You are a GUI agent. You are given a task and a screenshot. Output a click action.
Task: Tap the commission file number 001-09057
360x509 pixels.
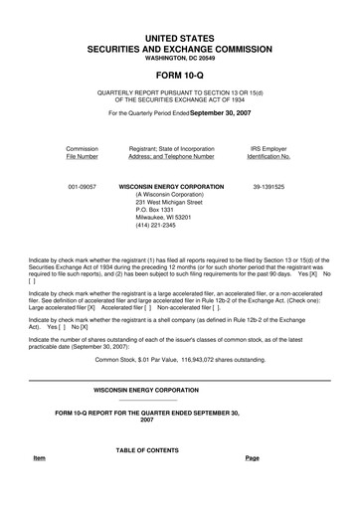pos(82,186)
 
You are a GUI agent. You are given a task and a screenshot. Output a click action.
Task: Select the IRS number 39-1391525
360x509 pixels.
pos(269,186)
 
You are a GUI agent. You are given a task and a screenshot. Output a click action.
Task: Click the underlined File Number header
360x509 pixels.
pos(82,156)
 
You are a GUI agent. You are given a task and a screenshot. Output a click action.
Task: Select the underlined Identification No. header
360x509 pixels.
pos(269,156)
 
